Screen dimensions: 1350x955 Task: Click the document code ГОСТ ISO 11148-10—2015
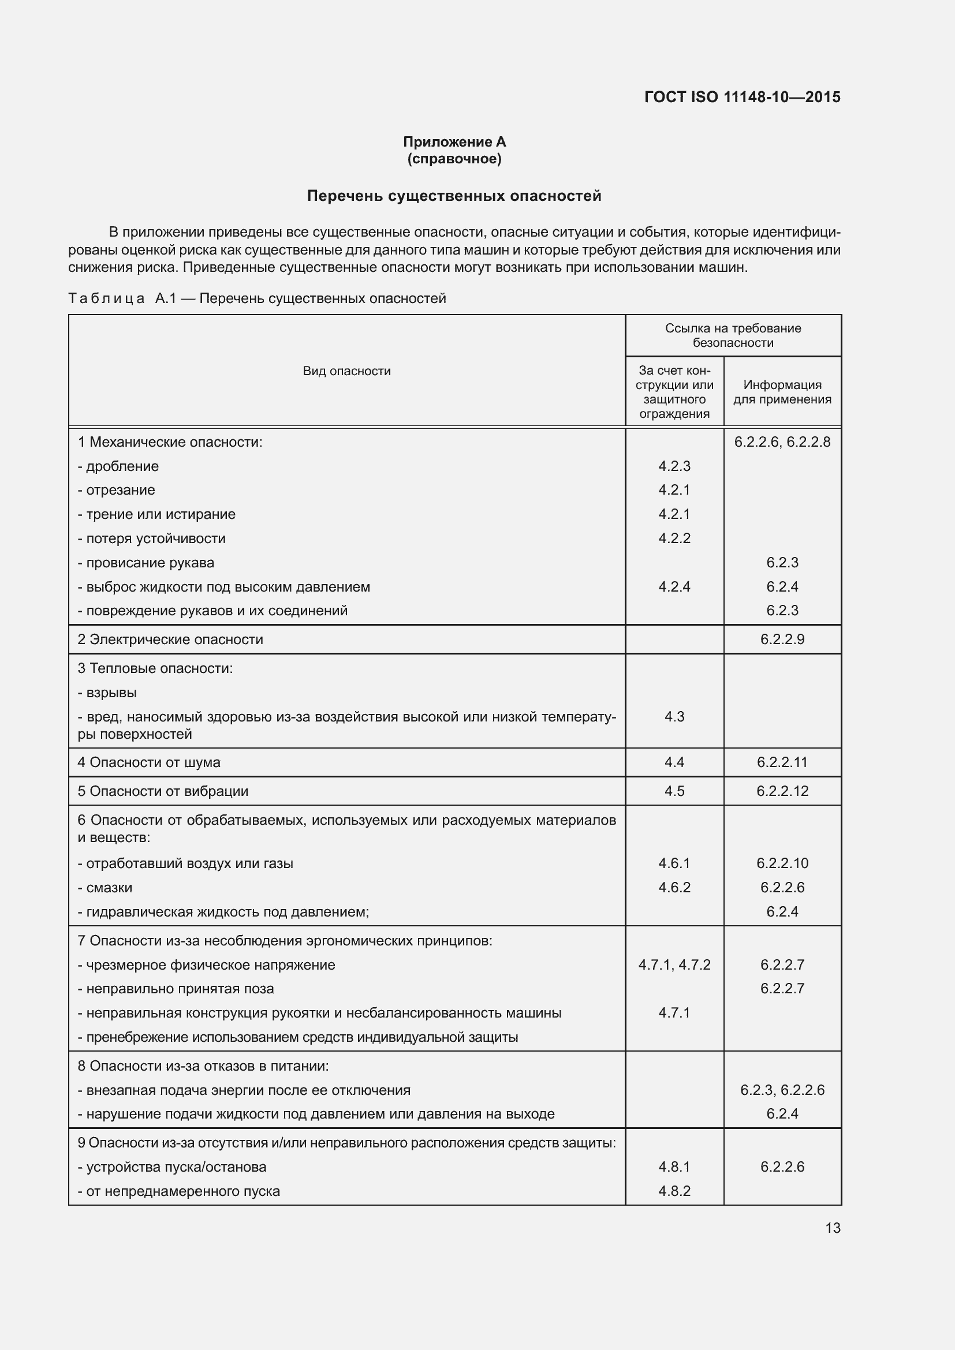(x=742, y=97)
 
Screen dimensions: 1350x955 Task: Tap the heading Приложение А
(x=454, y=142)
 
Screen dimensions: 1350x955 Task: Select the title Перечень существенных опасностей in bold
(x=454, y=196)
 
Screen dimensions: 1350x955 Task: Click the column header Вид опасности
(x=346, y=371)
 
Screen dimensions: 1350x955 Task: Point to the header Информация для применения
(x=782, y=391)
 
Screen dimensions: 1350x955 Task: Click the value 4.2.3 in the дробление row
(x=674, y=466)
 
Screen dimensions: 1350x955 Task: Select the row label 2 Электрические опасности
(x=170, y=639)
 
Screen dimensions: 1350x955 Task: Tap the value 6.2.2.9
(x=782, y=639)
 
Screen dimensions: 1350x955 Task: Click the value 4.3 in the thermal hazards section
(x=674, y=716)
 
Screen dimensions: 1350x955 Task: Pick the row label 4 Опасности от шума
(x=149, y=762)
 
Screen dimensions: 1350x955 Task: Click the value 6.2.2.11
(x=782, y=762)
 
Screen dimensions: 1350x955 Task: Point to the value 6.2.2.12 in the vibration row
(x=782, y=791)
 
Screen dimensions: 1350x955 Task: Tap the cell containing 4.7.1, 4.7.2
(x=674, y=964)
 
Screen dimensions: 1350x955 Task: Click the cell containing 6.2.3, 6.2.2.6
(x=782, y=1090)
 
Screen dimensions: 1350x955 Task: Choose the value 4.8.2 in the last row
(x=674, y=1191)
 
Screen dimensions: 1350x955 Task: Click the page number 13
(x=832, y=1228)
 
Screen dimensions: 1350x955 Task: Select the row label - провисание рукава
(x=146, y=563)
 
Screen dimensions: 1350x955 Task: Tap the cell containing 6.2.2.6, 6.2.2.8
(x=782, y=442)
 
